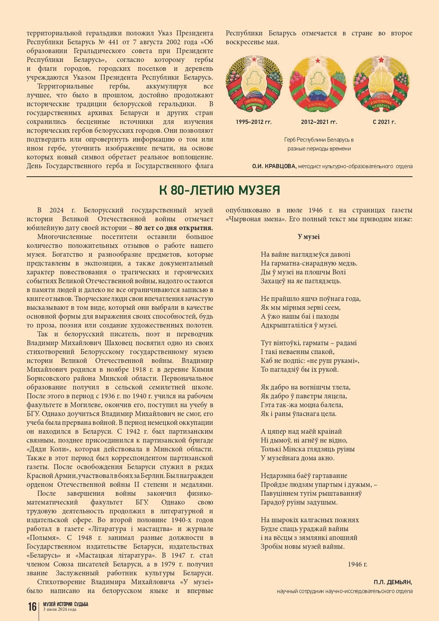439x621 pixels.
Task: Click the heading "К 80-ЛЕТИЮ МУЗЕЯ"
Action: pyautogui.click(x=219, y=190)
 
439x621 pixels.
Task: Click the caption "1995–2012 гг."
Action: pyautogui.click(x=254, y=122)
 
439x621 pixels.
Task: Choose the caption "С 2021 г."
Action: pyautogui.click(x=384, y=122)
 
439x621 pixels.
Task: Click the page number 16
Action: pyautogui.click(x=32, y=607)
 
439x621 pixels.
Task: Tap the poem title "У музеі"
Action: pyautogui.click(x=309, y=237)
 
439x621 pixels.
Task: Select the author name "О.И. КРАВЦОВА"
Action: pyautogui.click(x=274, y=166)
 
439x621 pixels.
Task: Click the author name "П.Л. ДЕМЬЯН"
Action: pyautogui.click(x=393, y=582)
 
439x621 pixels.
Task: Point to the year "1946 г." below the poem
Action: pyautogui.click(x=357, y=564)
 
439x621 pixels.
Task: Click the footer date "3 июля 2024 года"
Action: pyautogui.click(x=60, y=610)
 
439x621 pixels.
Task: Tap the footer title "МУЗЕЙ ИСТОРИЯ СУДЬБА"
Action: pyautogui.click(x=65, y=604)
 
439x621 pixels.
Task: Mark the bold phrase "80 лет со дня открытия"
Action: pyautogui.click(x=173, y=228)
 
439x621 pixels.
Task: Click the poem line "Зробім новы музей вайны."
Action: pyautogui.click(x=302, y=547)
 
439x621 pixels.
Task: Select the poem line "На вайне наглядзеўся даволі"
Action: pyautogui.click(x=306, y=254)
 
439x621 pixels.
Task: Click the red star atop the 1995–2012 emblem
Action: pyautogui.click(x=254, y=58)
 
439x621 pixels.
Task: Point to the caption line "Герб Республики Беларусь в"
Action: pyautogui.click(x=319, y=140)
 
